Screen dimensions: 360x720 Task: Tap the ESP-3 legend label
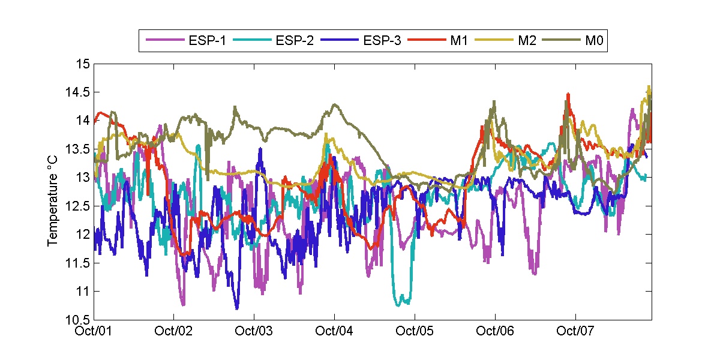click(x=382, y=41)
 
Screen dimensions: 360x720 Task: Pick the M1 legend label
click(x=459, y=41)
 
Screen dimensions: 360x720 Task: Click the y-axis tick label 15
click(x=82, y=64)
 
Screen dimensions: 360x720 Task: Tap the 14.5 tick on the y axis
click(x=78, y=92)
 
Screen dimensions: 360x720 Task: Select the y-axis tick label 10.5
click(x=78, y=320)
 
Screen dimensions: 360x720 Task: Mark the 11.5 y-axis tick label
click(x=78, y=263)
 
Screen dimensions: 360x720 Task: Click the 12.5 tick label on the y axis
click(x=78, y=206)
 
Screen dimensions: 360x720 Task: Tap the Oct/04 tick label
click(x=334, y=331)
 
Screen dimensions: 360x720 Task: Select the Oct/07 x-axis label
click(x=575, y=331)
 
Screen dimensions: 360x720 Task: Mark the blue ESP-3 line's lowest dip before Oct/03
click(x=237, y=308)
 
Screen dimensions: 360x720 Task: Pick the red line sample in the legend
click(x=427, y=41)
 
